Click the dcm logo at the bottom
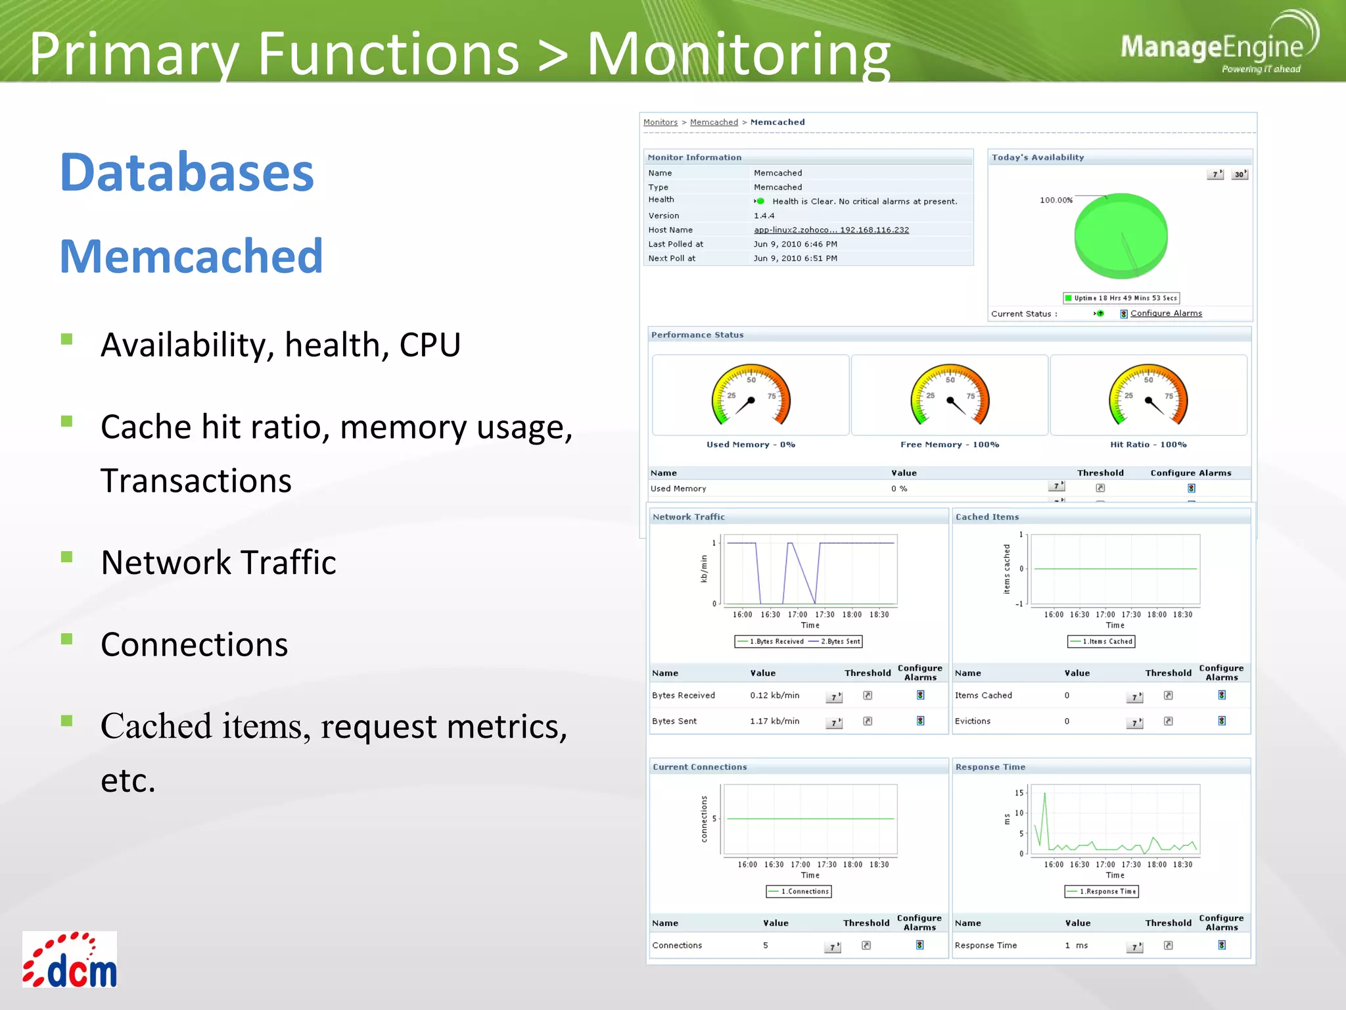(70, 960)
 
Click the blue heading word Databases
(187, 172)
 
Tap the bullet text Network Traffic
(218, 563)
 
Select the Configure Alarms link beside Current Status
(1165, 314)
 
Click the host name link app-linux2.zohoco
(831, 230)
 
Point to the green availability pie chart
(1121, 235)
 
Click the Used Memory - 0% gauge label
(751, 445)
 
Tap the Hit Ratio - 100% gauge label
(1148, 445)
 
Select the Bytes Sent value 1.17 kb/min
(774, 721)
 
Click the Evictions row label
(972, 721)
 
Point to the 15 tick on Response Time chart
(1019, 793)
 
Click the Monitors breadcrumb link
(660, 122)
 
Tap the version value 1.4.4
(764, 216)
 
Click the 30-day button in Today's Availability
(1239, 174)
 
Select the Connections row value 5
(765, 946)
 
